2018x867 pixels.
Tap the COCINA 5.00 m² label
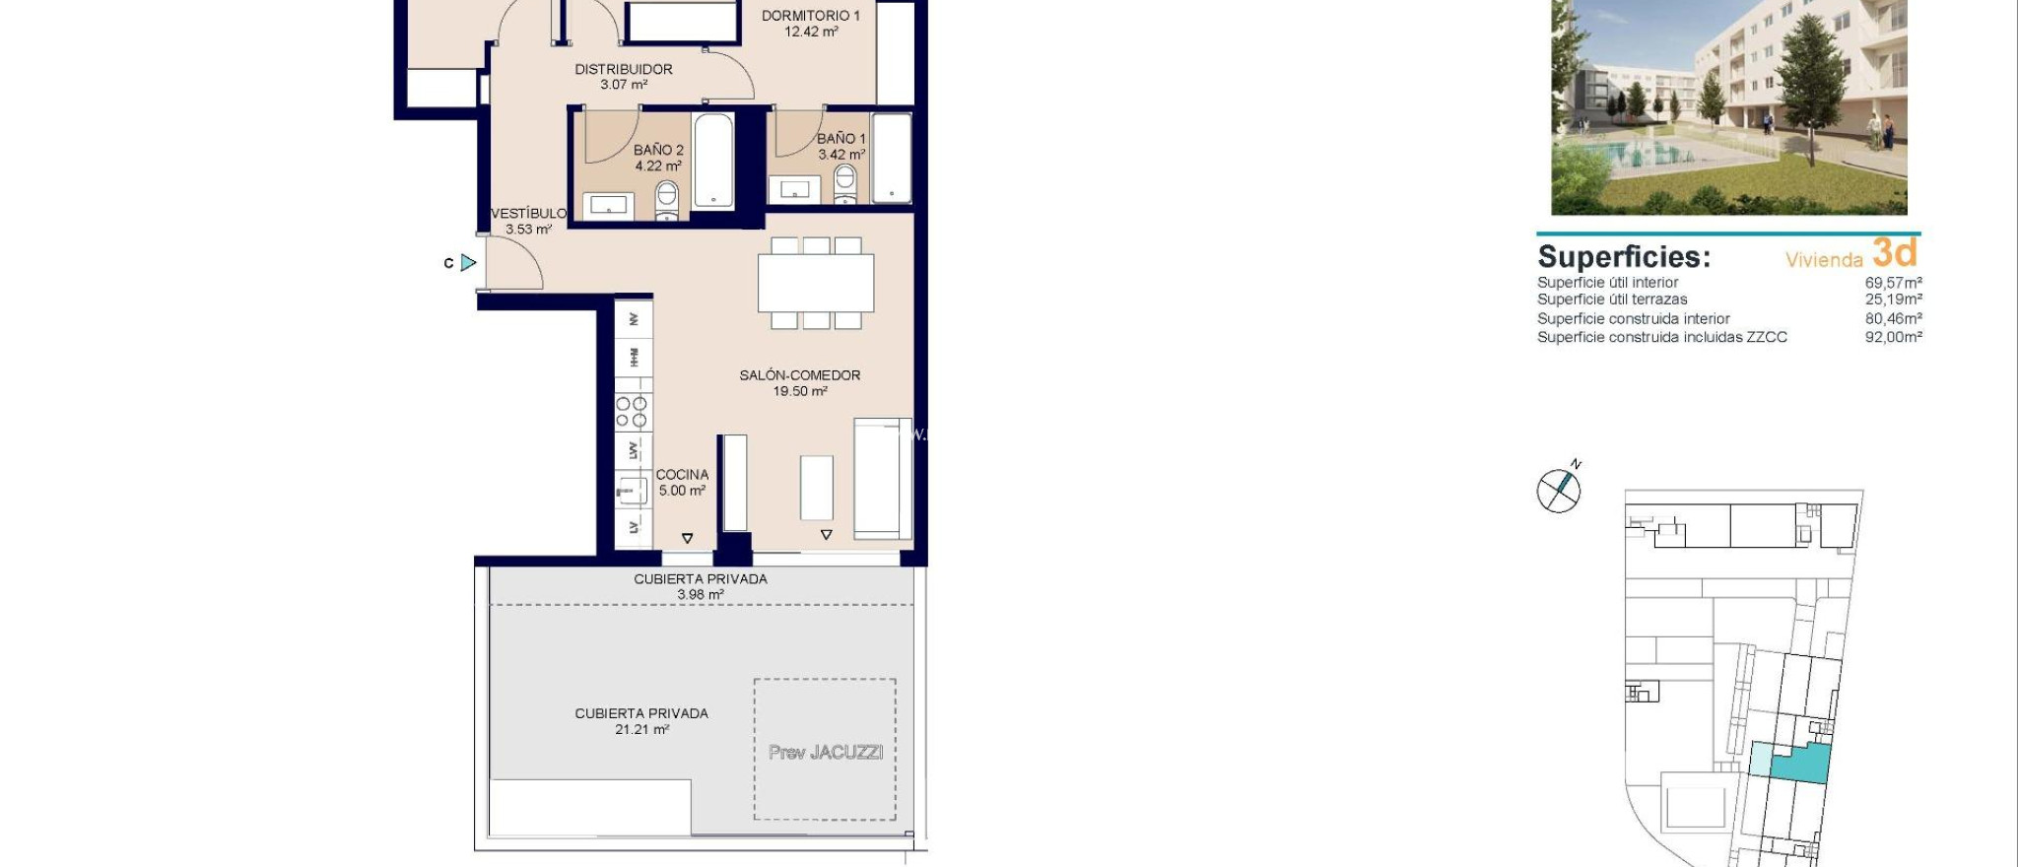682,482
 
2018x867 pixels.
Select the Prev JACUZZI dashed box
825,750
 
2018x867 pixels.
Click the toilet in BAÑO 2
667,198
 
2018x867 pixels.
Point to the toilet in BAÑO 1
844,183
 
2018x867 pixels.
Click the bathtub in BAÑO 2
713,161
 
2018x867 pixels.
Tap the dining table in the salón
816,283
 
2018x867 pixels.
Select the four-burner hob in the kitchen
632,412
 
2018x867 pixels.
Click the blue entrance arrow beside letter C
469,263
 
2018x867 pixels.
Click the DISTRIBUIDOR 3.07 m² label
623,76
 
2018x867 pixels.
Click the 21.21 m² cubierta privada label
641,721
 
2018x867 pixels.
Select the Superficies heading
1623,257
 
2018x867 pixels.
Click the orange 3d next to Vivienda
1894,253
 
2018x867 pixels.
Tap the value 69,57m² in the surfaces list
1893,283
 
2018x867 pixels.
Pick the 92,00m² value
1893,337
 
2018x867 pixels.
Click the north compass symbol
1559,489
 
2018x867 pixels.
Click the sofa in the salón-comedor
881,478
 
